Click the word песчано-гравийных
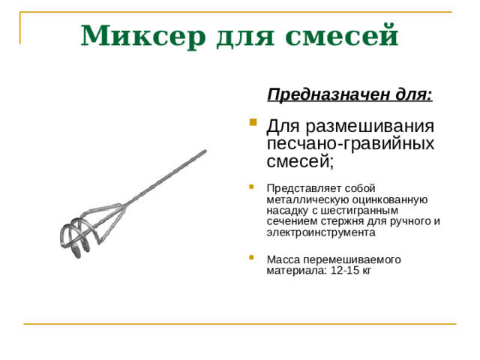(351, 142)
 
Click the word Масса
(283, 259)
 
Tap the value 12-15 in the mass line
(345, 271)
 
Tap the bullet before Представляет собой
(253, 187)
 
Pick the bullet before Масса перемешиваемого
(253, 259)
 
